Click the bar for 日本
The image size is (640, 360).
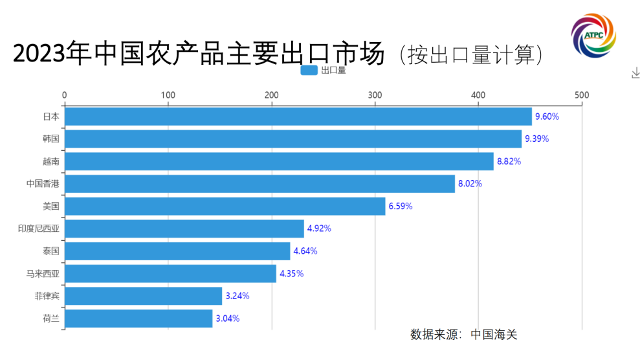(x=298, y=117)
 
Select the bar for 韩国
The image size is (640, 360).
(x=292, y=139)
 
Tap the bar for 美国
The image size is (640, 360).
(x=225, y=207)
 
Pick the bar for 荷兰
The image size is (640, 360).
(x=138, y=319)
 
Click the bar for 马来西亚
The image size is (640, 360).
(x=170, y=273)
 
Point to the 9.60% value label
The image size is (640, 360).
(x=547, y=117)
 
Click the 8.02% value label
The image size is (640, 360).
(x=470, y=184)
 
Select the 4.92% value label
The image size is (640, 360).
(x=319, y=229)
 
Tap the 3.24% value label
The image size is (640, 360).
(x=237, y=296)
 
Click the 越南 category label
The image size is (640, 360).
(x=51, y=161)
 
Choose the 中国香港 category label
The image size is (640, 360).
(x=43, y=184)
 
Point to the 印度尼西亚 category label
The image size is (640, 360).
(x=39, y=229)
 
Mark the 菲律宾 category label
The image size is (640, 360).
(x=47, y=296)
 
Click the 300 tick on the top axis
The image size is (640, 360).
(x=375, y=95)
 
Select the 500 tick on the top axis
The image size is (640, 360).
(x=582, y=95)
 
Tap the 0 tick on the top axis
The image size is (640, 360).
(x=64, y=95)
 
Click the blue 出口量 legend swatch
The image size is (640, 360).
(x=309, y=71)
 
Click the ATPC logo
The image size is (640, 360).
(x=593, y=34)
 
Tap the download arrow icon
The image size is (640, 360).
(x=635, y=74)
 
